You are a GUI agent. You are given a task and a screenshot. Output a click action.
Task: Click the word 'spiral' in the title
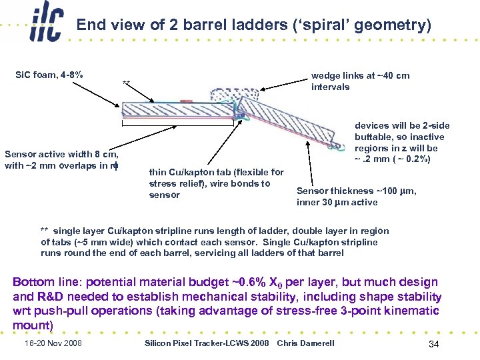click(307, 26)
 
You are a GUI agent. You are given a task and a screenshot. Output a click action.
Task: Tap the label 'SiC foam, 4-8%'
click(49, 74)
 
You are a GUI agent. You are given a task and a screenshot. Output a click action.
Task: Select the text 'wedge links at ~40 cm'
click(360, 75)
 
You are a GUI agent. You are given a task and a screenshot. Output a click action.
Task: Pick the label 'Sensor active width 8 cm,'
click(61, 154)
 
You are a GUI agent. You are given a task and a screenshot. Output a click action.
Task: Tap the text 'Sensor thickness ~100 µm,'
click(357, 191)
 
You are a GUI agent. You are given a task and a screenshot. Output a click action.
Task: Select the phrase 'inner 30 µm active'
click(337, 202)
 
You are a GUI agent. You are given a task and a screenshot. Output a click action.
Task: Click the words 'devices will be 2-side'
click(402, 125)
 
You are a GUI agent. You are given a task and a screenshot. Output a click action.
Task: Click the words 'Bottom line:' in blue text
click(45, 282)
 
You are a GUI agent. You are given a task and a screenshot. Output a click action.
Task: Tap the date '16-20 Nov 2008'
click(53, 343)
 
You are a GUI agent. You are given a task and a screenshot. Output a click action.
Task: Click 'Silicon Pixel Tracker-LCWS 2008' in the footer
click(207, 343)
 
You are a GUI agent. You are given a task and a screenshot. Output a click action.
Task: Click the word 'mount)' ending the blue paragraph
click(33, 325)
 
